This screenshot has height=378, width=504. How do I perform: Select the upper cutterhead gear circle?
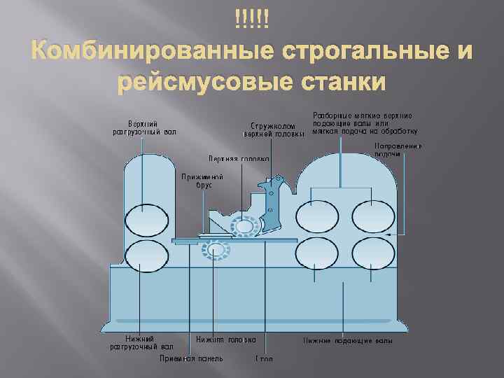(x=245, y=228)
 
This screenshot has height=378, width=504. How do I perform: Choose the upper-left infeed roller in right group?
(x=315, y=217)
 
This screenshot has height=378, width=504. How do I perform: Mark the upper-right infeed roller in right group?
(x=371, y=217)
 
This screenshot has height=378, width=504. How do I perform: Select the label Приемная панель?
(x=191, y=358)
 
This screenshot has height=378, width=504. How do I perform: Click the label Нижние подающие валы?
(x=347, y=341)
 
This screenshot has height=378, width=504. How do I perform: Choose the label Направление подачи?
(x=398, y=150)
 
